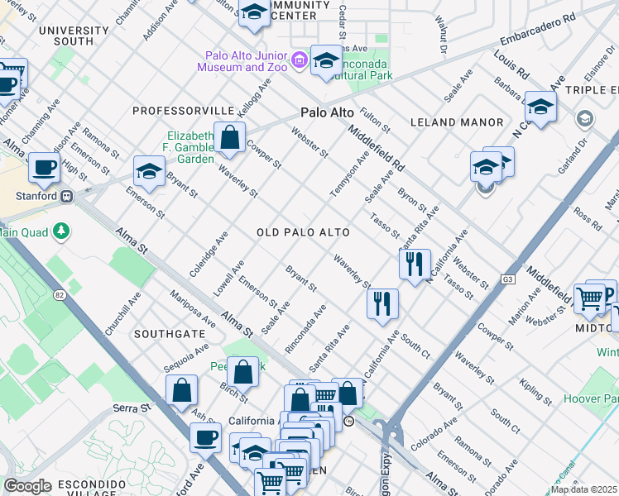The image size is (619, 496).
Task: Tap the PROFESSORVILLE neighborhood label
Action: point(183,110)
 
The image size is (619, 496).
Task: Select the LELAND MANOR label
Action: point(457,122)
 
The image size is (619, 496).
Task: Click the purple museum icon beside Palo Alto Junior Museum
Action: point(299,60)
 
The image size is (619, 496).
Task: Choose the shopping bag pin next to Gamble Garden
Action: point(229,139)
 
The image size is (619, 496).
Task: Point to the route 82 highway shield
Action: point(59,294)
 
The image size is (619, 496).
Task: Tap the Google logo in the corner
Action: point(27,486)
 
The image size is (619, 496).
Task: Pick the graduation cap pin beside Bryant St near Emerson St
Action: point(150,171)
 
